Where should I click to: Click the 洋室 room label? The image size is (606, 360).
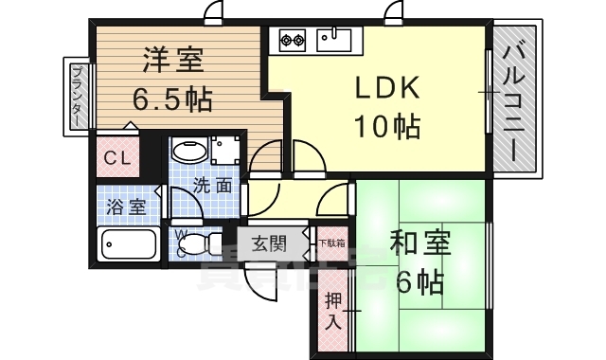point(173,60)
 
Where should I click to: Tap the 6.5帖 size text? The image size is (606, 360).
point(173,98)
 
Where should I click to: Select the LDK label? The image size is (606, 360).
point(386,87)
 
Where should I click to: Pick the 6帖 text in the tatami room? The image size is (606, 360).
point(418,281)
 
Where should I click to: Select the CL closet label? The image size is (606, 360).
point(116,158)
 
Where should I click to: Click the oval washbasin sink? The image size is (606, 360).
point(187,152)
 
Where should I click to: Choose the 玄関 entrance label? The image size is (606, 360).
point(268,243)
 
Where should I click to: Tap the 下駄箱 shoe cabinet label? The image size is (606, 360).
point(330,243)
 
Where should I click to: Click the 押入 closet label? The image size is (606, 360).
point(333,310)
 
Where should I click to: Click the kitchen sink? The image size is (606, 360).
point(334,41)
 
